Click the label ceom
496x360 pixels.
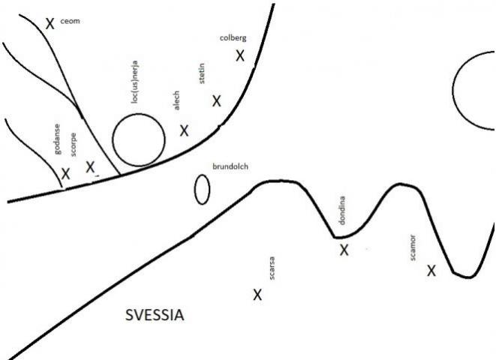70,21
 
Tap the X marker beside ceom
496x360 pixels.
50,23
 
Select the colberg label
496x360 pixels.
233,38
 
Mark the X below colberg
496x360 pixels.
240,55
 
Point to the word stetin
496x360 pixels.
202,73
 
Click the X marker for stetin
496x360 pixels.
216,101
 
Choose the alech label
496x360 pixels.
176,100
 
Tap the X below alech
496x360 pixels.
184,130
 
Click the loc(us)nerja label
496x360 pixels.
135,82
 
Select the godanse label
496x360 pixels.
57,139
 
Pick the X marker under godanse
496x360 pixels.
65,173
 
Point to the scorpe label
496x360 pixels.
73,145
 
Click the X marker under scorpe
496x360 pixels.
90,167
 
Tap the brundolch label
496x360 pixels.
230,166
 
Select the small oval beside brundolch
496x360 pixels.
202,189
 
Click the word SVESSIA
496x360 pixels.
155,315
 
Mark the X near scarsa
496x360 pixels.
257,295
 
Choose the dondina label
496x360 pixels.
342,211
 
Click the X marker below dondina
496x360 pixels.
344,250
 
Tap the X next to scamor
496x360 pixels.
431,271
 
